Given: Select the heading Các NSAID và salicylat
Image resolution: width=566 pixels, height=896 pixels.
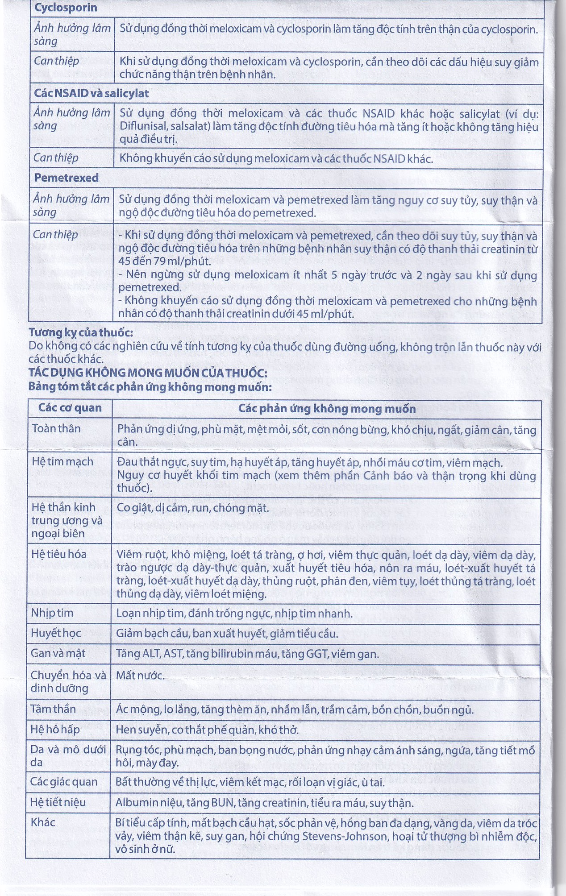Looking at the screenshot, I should click(92, 94).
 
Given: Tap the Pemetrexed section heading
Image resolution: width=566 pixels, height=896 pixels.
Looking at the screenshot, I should click(67, 178).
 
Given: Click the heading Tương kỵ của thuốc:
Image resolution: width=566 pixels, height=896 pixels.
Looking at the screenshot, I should click(81, 332).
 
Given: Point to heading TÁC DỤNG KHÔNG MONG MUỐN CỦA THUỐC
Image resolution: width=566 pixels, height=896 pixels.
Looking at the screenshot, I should click(148, 373).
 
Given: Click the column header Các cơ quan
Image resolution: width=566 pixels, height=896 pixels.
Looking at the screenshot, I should click(70, 408).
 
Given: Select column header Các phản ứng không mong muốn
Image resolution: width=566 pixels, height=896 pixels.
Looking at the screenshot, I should click(327, 409).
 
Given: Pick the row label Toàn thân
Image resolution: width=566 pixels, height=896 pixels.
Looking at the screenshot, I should click(56, 429).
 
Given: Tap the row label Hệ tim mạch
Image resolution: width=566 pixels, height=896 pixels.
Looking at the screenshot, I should click(62, 462).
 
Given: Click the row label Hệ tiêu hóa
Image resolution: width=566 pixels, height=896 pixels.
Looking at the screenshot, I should click(59, 555).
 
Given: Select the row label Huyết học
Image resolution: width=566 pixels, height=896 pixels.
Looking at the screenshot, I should click(56, 633).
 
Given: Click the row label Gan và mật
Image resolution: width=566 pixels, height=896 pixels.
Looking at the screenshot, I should click(58, 654).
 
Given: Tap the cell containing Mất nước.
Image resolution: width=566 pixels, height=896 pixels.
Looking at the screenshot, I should click(141, 676).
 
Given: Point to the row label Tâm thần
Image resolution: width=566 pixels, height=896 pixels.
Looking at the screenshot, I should click(53, 709).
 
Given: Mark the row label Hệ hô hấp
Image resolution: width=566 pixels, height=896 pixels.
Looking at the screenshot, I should click(55, 730).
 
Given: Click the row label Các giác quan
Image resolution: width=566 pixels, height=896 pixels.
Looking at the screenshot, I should click(64, 782).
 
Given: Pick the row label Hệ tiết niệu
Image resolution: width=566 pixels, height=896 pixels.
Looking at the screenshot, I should click(58, 802).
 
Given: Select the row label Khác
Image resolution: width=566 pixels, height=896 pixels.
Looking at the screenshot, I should click(43, 822).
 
